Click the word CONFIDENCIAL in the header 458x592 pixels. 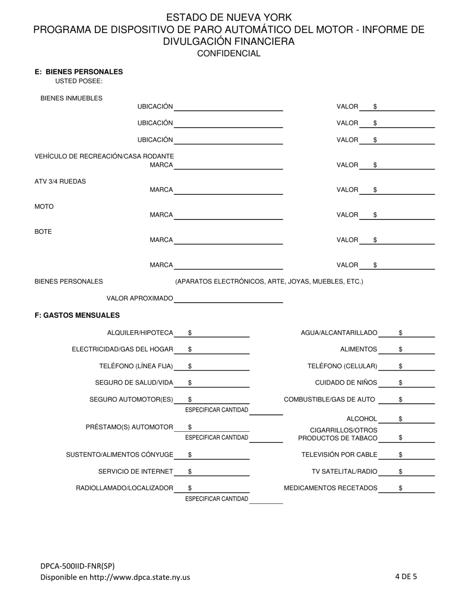pyautogui.click(x=229, y=53)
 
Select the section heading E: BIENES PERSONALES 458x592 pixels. pyautogui.click(x=79, y=72)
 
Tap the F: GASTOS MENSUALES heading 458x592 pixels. pyautogui.click(x=77, y=315)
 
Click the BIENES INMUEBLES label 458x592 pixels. pyautogui.click(x=71, y=98)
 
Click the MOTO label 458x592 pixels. pyautogui.click(x=44, y=206)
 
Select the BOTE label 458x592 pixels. pyautogui.click(x=43, y=232)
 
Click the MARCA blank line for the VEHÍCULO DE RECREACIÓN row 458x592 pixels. pyautogui.click(x=229, y=165)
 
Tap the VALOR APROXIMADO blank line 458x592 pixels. pyautogui.click(x=229, y=299)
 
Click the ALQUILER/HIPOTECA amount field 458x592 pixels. pyautogui.click(x=219, y=333)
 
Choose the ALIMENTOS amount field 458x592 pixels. pyautogui.click(x=417, y=349)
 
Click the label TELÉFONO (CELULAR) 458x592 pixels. pyautogui.click(x=342, y=366)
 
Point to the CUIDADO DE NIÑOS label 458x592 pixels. pyautogui.click(x=346, y=383)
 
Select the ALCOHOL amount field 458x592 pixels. pyautogui.click(x=417, y=419)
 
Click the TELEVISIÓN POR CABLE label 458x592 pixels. pyautogui.click(x=339, y=454)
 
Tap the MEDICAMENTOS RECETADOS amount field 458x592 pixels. pyautogui.click(x=417, y=488)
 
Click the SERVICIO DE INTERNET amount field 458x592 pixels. pyautogui.click(x=219, y=472)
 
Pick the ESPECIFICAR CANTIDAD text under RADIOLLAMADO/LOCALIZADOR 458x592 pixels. pyautogui.click(x=216, y=499)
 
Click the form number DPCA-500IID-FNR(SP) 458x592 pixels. pyautogui.click(x=77, y=566)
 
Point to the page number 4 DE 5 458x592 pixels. pyautogui.click(x=406, y=576)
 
